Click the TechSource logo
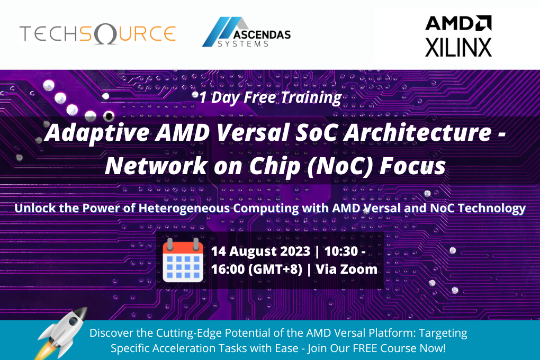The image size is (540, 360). click(97, 33)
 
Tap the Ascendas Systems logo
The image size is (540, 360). click(246, 32)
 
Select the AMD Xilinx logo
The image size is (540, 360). click(458, 36)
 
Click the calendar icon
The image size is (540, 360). click(183, 260)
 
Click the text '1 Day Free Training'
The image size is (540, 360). click(270, 97)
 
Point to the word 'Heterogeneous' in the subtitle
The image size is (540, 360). click(184, 208)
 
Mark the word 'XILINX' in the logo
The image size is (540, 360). click(458, 47)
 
